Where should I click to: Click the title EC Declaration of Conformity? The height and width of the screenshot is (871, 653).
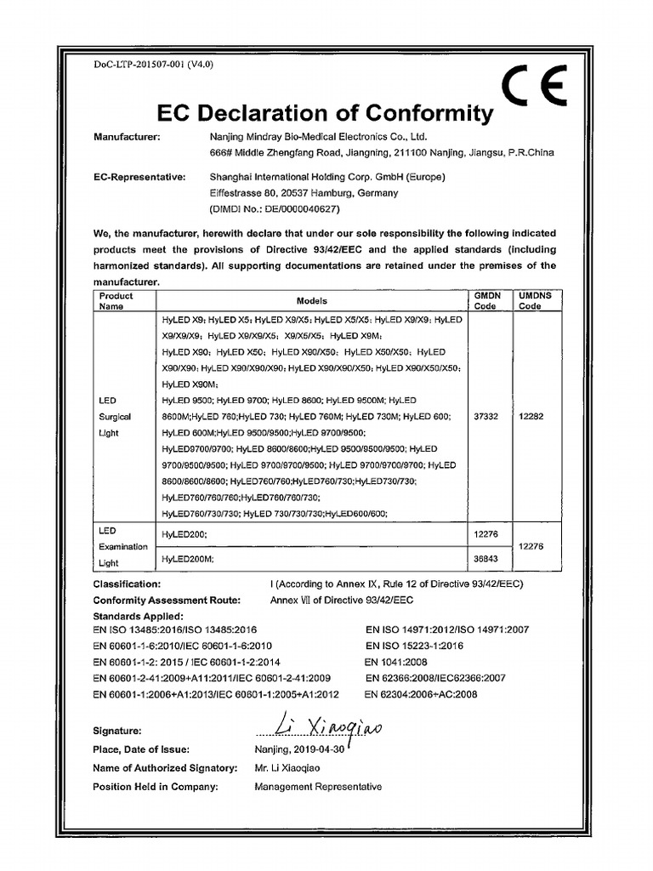pos(326,113)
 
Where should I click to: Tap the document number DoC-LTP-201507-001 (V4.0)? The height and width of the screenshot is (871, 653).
pos(153,65)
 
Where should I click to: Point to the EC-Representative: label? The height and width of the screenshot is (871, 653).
pos(139,177)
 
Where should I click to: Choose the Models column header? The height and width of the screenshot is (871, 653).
pos(311,301)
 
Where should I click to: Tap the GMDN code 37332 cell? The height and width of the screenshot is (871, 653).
pos(485,417)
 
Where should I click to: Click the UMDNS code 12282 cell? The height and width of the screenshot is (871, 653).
pos(531,417)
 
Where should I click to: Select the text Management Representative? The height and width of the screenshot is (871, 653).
pos(318,787)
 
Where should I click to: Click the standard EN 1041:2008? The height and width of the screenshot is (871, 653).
pos(396,662)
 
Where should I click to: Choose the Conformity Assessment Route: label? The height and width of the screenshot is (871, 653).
pos(167,600)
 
